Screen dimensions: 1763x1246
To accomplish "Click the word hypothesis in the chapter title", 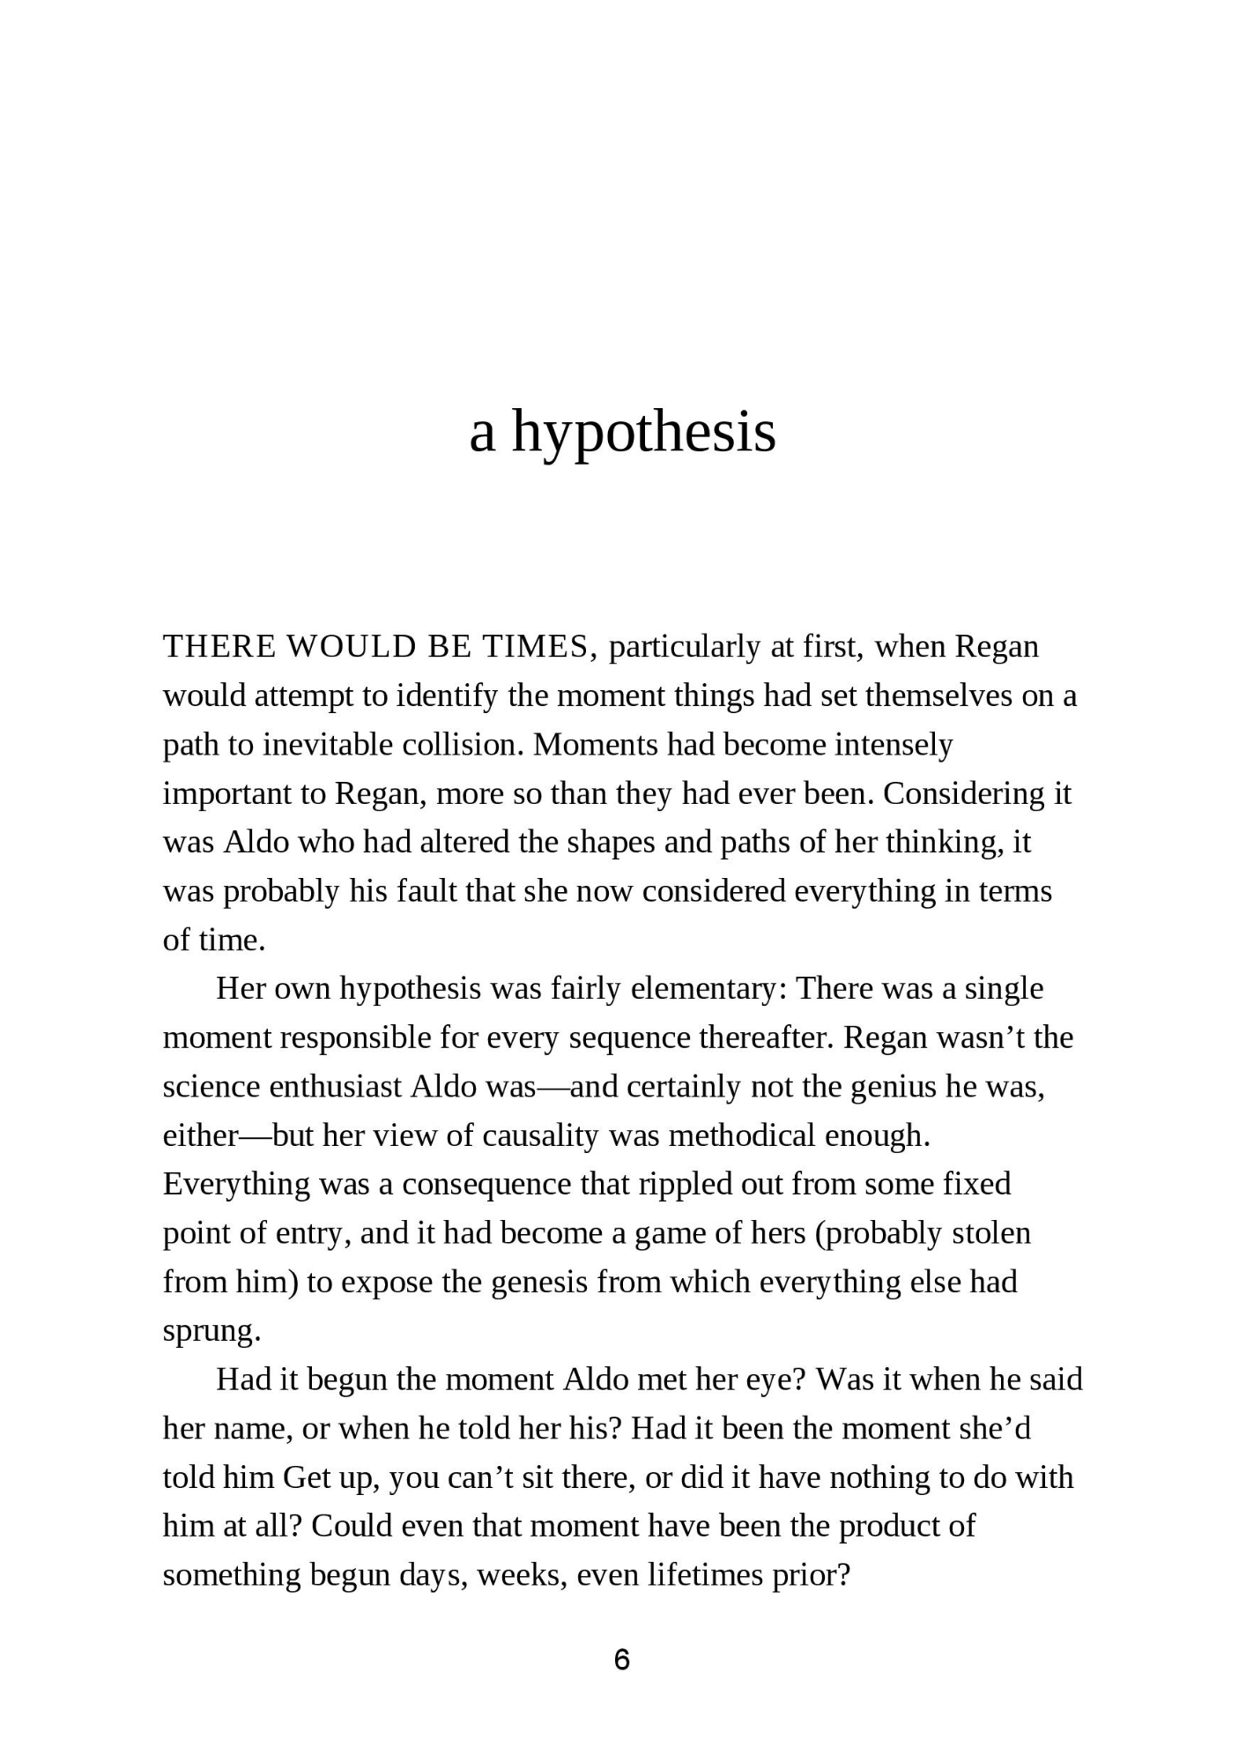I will (643, 434).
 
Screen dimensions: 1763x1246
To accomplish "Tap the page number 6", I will (622, 1660).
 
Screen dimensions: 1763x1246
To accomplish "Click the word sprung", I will (211, 1331).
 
